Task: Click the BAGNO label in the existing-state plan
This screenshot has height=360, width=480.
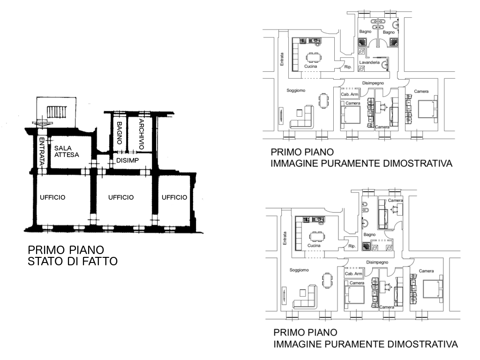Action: (x=119, y=133)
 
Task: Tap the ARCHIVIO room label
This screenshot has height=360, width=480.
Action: (x=142, y=134)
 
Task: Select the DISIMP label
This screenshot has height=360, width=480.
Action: (x=127, y=160)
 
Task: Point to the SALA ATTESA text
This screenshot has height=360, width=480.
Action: (x=67, y=151)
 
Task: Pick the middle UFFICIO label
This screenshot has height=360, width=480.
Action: (x=121, y=197)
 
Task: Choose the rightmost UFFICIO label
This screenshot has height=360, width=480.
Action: (x=174, y=197)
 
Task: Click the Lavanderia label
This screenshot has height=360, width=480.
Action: (x=369, y=62)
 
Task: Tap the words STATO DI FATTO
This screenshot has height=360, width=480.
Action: (x=73, y=262)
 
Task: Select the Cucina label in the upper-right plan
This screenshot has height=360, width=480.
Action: (x=310, y=67)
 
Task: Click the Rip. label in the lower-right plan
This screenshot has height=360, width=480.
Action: (x=352, y=246)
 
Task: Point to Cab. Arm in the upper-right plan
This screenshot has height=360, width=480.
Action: (x=349, y=94)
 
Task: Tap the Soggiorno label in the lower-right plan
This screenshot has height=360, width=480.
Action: (x=299, y=270)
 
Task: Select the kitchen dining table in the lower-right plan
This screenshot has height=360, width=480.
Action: (x=317, y=236)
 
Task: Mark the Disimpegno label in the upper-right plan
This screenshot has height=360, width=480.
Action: (x=373, y=83)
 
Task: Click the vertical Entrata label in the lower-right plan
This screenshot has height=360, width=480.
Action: (x=285, y=238)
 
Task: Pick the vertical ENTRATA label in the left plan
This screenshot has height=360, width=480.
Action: (x=42, y=151)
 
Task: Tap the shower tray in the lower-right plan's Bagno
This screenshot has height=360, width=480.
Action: (x=366, y=247)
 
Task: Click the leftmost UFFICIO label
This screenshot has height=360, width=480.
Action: (x=52, y=197)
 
